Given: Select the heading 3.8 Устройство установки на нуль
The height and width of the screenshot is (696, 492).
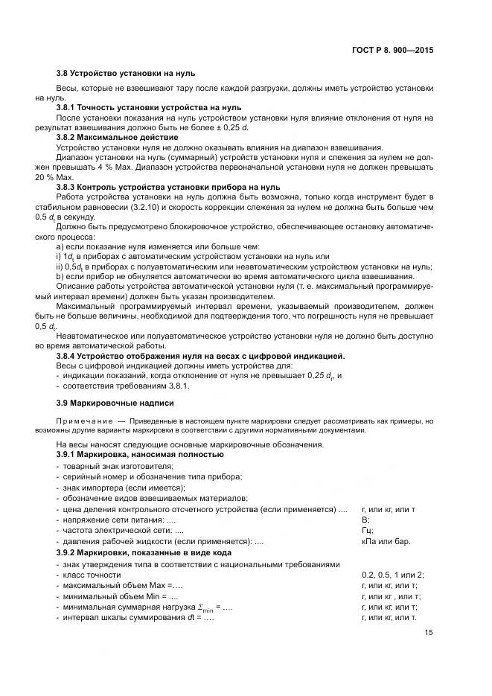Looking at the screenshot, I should click(116, 74).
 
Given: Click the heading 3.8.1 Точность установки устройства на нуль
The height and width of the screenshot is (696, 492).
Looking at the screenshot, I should click(138, 107).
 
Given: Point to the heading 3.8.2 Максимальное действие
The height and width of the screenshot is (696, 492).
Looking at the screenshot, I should click(117, 137).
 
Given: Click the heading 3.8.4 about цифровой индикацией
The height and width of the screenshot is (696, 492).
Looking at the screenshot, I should click(200, 357).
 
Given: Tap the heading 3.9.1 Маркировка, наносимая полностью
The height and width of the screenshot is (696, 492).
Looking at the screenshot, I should click(139, 453).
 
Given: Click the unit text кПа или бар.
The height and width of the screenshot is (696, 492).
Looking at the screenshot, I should click(385, 541).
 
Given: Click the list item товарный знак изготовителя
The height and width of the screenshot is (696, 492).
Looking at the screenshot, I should click(118, 465).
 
